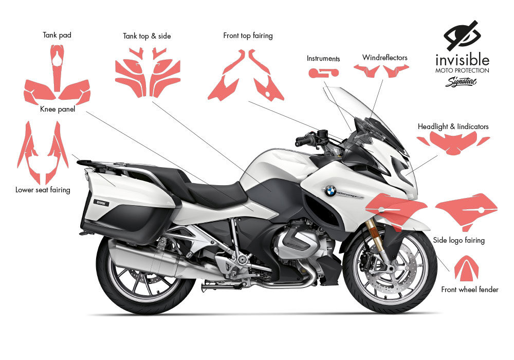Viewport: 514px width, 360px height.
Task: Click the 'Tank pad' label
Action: [x=57, y=35]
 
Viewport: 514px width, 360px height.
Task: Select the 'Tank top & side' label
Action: [x=146, y=36]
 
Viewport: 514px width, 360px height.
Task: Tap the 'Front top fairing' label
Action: [x=248, y=36]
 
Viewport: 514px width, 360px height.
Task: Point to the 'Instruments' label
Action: [x=323, y=59]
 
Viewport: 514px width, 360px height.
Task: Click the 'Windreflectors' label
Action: [x=384, y=57]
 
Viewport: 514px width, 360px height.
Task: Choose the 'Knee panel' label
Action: [x=58, y=109]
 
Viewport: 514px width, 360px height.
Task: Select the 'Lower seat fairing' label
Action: [x=43, y=190]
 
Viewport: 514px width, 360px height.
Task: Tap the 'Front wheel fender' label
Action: [x=470, y=290]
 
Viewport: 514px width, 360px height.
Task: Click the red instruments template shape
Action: [x=323, y=74]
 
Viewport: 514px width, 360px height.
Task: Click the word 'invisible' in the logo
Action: [x=462, y=59]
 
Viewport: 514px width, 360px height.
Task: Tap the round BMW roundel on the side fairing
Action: [x=330, y=190]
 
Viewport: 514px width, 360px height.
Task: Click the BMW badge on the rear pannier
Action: [x=101, y=203]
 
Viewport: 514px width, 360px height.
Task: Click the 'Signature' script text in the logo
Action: [x=461, y=81]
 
